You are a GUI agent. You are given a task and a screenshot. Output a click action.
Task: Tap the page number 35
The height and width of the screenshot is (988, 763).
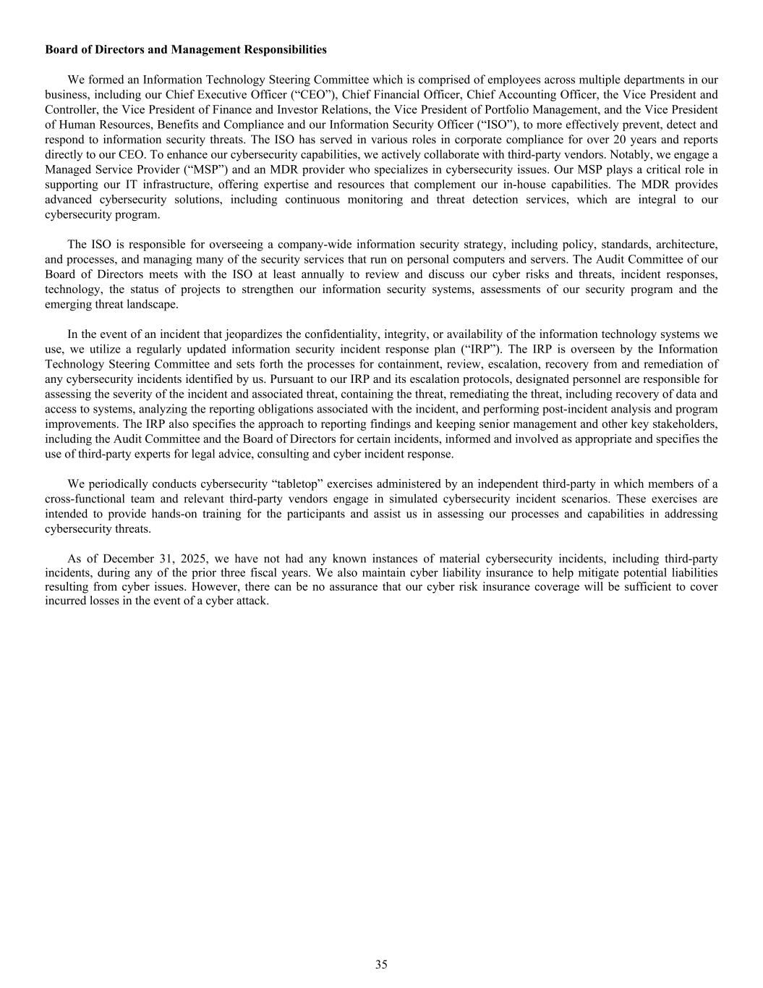point(381,964)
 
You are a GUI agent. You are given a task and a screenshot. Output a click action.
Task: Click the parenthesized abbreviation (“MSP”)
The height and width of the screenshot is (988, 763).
point(187,169)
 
